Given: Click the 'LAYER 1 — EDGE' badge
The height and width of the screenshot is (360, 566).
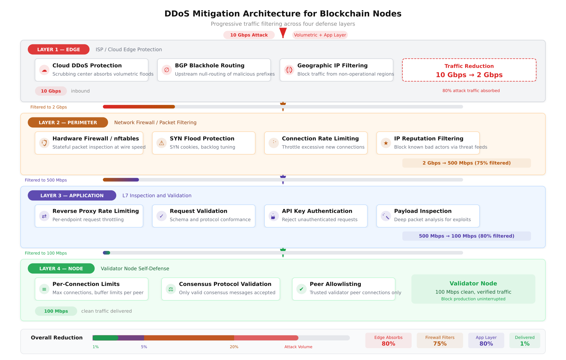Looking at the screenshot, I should pos(58,49).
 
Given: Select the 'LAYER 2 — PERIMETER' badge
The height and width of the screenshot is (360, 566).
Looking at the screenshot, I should pos(68,122).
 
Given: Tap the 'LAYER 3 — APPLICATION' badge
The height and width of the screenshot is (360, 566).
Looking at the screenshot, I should pos(72,196).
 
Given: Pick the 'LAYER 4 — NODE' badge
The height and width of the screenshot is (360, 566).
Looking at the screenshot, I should pos(61,268).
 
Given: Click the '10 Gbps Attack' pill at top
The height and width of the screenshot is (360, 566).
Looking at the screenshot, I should pos(249,35).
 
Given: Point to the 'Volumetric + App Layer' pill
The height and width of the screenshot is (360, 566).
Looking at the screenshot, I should pos(320,35).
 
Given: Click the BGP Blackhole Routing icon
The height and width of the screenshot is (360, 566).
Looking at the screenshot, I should pos(167,70).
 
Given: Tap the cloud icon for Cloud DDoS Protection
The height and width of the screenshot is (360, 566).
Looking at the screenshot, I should pos(44,70).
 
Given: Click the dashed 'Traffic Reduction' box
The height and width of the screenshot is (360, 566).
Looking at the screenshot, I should pos(469,70).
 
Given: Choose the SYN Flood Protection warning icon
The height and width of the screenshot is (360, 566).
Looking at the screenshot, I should pos(161,143).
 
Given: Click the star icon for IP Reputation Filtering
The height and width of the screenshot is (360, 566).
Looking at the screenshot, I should pos(386,143).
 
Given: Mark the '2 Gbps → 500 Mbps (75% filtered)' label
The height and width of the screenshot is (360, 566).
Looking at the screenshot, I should pos(466,163).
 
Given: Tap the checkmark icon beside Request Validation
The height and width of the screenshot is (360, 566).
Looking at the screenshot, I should pos(161,216).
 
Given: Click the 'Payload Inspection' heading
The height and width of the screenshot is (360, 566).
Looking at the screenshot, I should pos(423,211).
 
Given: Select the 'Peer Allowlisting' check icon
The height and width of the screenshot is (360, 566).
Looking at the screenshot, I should pos(301,289).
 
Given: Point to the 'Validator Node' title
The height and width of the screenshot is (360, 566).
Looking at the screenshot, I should pos(473,283).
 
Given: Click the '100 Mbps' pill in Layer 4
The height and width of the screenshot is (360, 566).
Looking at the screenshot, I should pos(56,311).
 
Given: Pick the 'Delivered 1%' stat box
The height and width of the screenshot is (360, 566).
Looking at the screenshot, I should pos(524,340).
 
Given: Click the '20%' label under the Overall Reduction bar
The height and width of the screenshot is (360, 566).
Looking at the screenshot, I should pos(234,347).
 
